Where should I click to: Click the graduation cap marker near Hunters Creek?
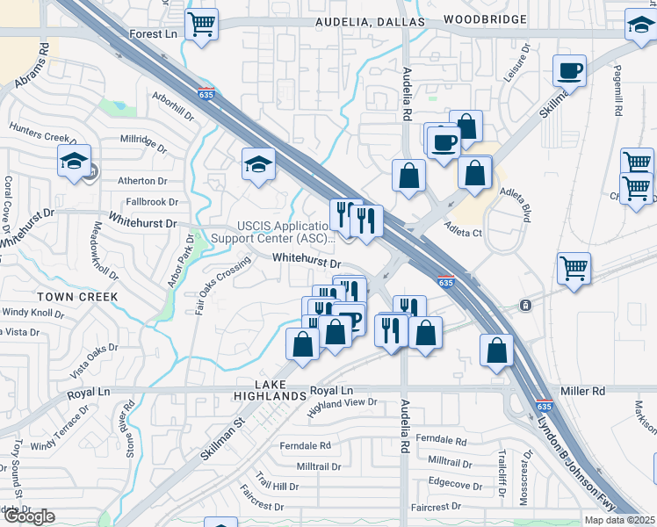(x=74, y=160)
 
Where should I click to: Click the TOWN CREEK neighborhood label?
(x=76, y=297)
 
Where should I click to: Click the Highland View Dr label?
(x=342, y=407)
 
